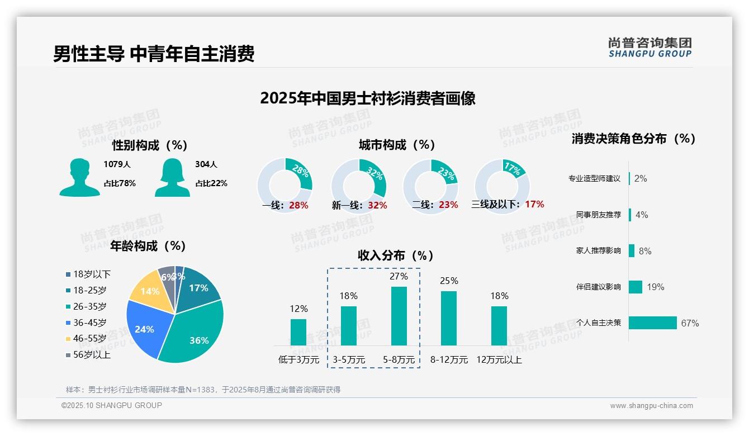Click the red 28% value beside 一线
pyautogui.click(x=298, y=205)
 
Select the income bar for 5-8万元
pyautogui.click(x=399, y=316)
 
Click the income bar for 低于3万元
pyautogui.click(x=298, y=332)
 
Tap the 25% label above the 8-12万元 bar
pyautogui.click(x=449, y=281)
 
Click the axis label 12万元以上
pyautogui.click(x=499, y=360)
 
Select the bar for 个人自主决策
pyautogui.click(x=652, y=323)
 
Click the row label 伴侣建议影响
pyautogui.click(x=598, y=287)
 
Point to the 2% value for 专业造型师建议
pyautogui.click(x=641, y=179)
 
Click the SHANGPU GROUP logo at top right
pyautogui.click(x=650, y=48)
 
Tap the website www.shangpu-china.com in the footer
pyautogui.click(x=651, y=406)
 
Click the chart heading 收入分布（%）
pyautogui.click(x=396, y=256)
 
